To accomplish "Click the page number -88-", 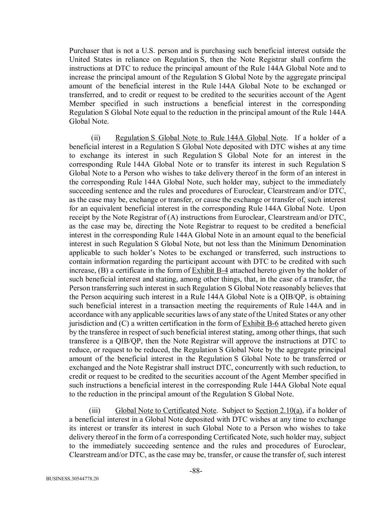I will click(196, 471).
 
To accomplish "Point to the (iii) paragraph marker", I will click(95, 410).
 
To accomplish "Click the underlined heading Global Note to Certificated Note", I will click(166, 410).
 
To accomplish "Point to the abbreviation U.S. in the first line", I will click(148, 51).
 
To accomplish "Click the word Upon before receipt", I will click(337, 209).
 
